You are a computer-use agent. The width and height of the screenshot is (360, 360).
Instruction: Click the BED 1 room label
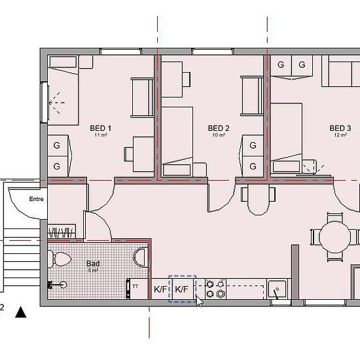tap(101, 128)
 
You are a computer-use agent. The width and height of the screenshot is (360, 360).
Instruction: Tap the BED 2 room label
tap(219, 128)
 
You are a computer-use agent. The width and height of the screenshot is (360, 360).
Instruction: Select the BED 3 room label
tap(340, 128)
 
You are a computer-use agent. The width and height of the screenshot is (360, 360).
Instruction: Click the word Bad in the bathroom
tap(93, 264)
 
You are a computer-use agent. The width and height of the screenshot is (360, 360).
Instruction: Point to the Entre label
tap(36, 199)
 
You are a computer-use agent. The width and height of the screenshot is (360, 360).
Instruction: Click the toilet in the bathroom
tap(59, 259)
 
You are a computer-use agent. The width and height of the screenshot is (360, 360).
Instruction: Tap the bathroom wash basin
tap(141, 257)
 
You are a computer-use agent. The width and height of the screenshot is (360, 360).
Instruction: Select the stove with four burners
tap(215, 289)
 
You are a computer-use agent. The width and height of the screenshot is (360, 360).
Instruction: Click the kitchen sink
tap(277, 289)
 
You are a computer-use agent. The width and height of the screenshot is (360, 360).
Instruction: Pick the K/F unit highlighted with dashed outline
tap(183, 289)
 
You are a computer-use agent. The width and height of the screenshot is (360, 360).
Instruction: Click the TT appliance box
tap(138, 289)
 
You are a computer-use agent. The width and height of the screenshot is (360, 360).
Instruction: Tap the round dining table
tap(335, 237)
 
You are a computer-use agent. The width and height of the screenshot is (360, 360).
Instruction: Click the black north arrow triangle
tap(21, 312)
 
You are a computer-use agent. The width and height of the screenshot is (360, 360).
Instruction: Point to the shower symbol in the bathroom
tap(57, 285)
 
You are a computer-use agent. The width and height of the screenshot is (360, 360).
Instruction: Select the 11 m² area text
tap(101, 135)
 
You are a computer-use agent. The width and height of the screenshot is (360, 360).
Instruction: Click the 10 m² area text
tap(219, 135)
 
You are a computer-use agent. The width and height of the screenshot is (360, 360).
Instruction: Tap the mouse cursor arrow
tap(200, 301)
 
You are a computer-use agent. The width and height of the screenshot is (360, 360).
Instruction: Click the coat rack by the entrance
tap(62, 232)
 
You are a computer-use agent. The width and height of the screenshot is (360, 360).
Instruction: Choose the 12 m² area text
tap(340, 135)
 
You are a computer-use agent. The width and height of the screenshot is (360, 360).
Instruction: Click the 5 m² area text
tap(93, 270)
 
